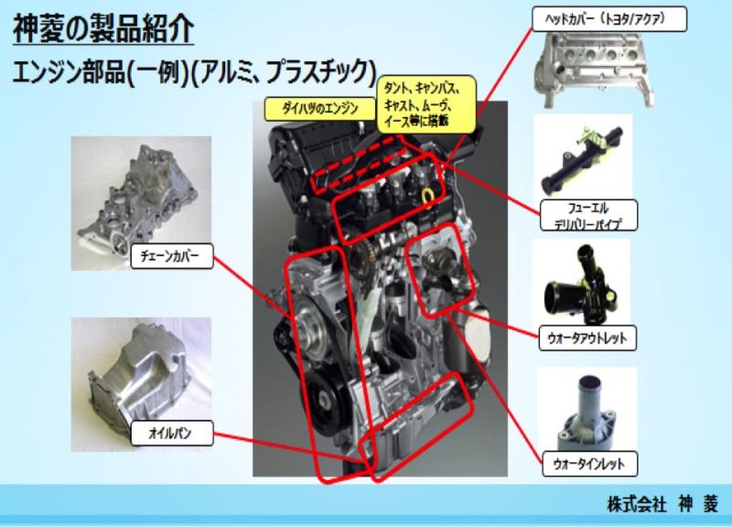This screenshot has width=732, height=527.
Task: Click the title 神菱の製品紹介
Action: pos(103,29)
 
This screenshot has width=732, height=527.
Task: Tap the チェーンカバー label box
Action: pos(172,256)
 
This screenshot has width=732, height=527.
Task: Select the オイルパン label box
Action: pos(172,433)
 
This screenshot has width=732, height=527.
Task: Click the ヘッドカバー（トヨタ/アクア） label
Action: pos(609,19)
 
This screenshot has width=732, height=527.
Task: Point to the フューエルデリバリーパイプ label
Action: pos(589,215)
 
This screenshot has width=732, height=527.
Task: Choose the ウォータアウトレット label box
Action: pos(587,338)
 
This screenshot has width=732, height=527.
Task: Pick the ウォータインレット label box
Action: pos(589,464)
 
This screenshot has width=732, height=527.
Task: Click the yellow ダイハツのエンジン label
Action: pos(320,109)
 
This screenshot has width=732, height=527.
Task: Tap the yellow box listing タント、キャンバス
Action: pos(426,104)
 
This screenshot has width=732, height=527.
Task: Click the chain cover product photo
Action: pos(141,203)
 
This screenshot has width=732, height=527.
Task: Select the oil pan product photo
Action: pos(141,384)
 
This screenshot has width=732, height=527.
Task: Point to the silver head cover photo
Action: pos(593,70)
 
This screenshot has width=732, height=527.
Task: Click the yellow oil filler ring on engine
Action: pos(427,196)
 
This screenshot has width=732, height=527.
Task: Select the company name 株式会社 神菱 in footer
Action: pos(662,504)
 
